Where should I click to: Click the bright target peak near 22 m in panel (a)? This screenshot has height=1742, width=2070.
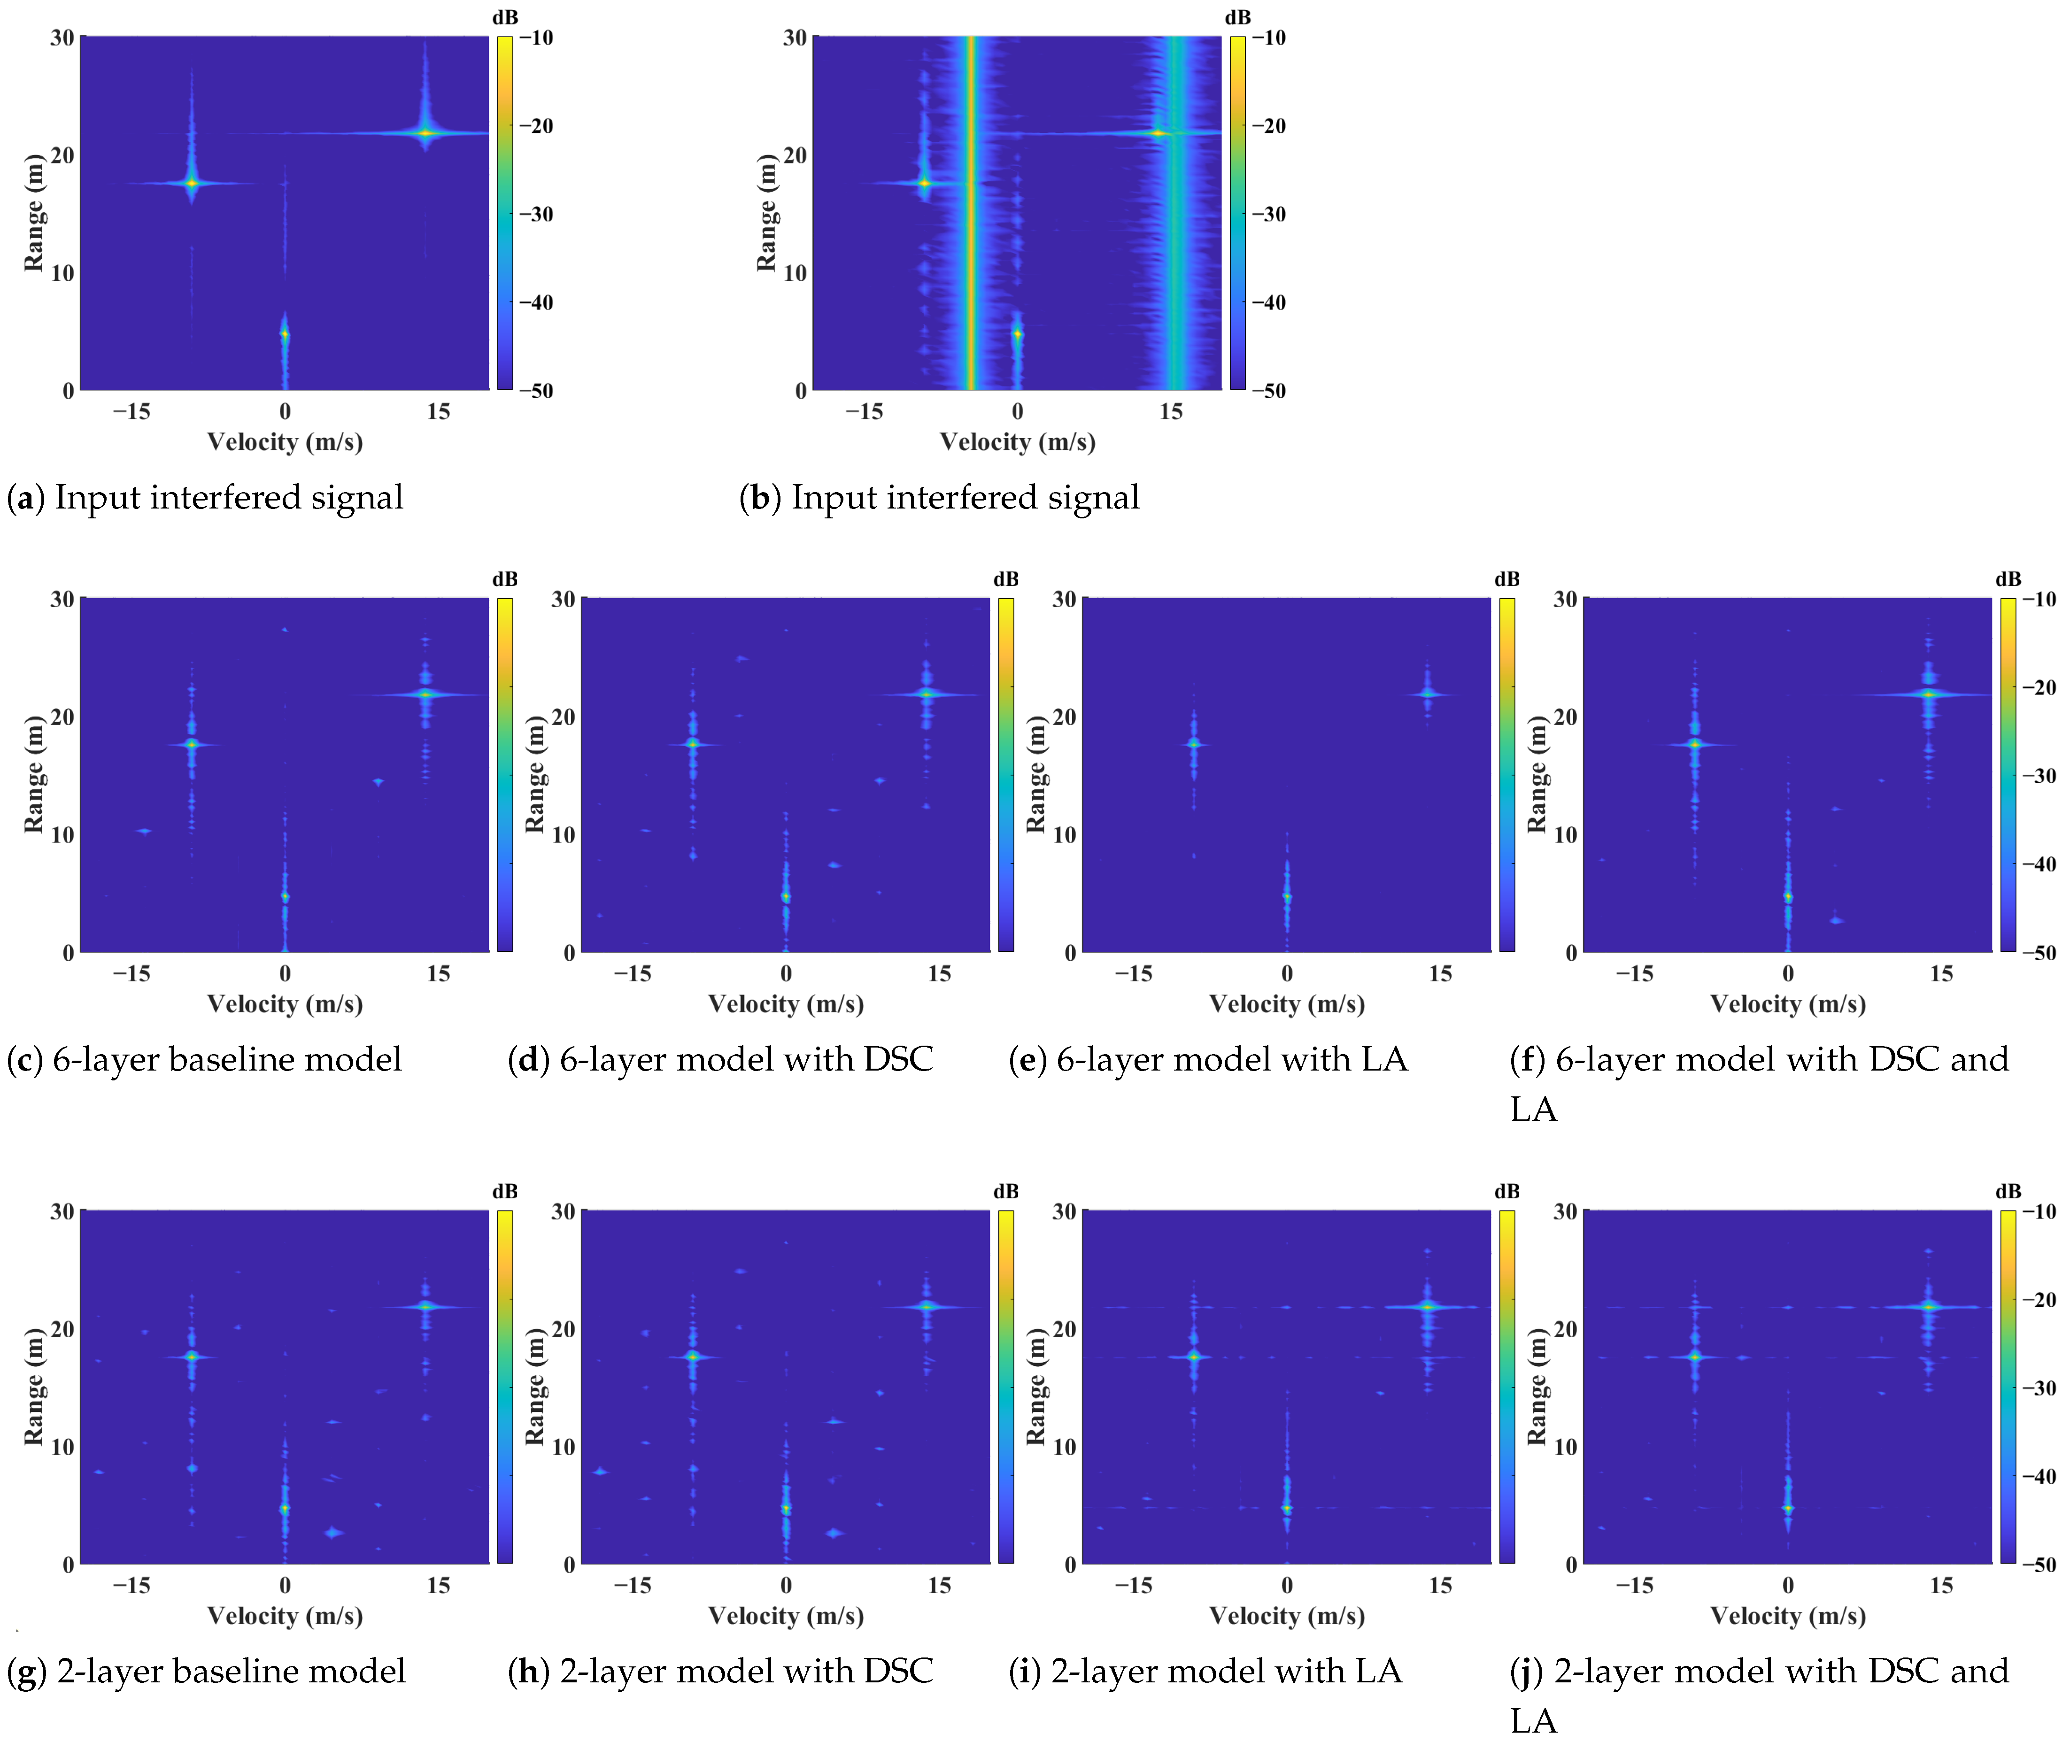point(425,132)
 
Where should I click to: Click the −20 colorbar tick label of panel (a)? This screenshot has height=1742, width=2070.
point(536,125)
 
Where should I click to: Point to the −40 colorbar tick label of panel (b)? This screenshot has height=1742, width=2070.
point(1269,302)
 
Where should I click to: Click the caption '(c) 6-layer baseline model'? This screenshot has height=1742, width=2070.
point(204,1059)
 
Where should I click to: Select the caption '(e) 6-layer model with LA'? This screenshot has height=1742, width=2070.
point(1208,1059)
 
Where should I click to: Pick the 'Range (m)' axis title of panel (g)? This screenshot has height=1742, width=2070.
point(34,1387)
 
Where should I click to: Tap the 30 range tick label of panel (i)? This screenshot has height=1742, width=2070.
point(1064,1212)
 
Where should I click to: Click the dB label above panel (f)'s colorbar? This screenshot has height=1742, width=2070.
point(2008,578)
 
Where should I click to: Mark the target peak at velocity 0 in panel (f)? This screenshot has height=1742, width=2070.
point(1788,897)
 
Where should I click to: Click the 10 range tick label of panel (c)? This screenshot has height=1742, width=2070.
point(62,834)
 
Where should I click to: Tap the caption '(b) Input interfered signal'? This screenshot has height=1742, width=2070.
point(939,497)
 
